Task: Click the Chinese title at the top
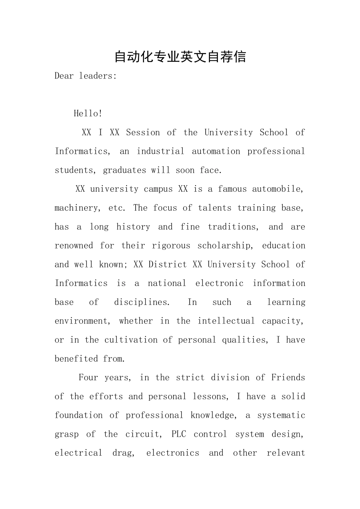pyautogui.click(x=180, y=57)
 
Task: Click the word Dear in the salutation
pyautogui.click(x=64, y=76)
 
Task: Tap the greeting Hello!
pyautogui.click(x=88, y=113)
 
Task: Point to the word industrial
pyautogui.click(x=160, y=151)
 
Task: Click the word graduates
pyautogui.click(x=124, y=170)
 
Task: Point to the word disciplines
pyautogui.click(x=142, y=302)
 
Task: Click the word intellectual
pyautogui.click(x=226, y=321)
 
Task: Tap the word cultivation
pyautogui.click(x=131, y=340)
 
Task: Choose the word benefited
pyautogui.click(x=76, y=359)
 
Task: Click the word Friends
pyautogui.click(x=288, y=377)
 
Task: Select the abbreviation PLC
pyautogui.click(x=179, y=434)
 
